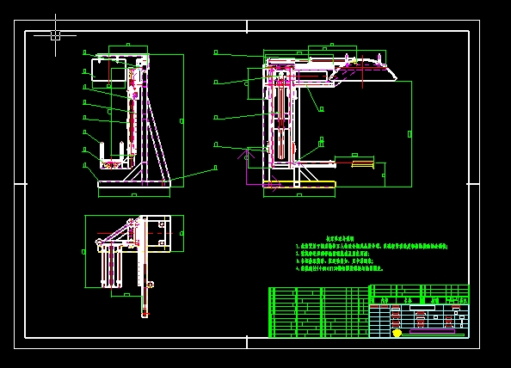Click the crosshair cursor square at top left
[x=55, y=35]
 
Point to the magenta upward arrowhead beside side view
[x=248, y=156]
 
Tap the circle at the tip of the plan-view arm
[x=131, y=223]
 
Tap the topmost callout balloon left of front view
[x=84, y=52]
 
